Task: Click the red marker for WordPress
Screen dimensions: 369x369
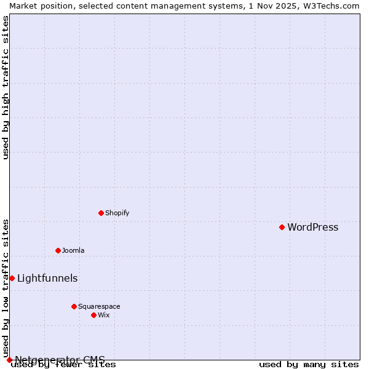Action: [282, 227]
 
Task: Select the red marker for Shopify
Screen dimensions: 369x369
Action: [101, 213]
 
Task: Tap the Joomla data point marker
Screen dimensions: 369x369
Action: [58, 250]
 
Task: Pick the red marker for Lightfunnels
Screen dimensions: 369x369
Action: [12, 278]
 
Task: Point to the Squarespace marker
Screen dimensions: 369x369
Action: [74, 306]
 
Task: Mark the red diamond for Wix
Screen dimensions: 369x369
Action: [93, 315]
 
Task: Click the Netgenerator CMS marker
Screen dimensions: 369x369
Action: [9, 360]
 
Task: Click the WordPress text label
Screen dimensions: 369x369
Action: [312, 228]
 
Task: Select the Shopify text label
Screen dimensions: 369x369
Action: [117, 213]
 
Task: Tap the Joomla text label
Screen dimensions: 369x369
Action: [73, 251]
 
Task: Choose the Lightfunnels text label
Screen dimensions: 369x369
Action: [47, 279]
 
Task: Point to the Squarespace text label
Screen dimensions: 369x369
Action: [99, 307]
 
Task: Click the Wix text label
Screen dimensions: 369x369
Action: [103, 315]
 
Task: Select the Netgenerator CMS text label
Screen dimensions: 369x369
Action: [60, 360]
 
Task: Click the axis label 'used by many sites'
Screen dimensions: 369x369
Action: [309, 365]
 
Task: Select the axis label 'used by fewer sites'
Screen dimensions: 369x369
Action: [64, 365]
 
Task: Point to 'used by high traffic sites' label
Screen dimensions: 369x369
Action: [6, 87]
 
